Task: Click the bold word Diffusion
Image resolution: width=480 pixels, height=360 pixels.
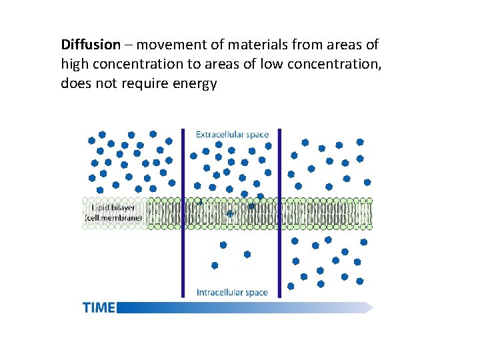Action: [91, 45]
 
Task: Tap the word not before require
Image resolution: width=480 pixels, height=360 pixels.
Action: [105, 85]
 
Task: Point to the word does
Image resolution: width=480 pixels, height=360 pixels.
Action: [75, 85]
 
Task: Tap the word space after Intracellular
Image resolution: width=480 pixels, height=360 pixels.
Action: [256, 292]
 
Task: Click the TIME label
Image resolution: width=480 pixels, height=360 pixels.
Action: [99, 307]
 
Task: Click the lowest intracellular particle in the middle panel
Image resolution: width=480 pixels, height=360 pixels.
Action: [215, 265]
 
